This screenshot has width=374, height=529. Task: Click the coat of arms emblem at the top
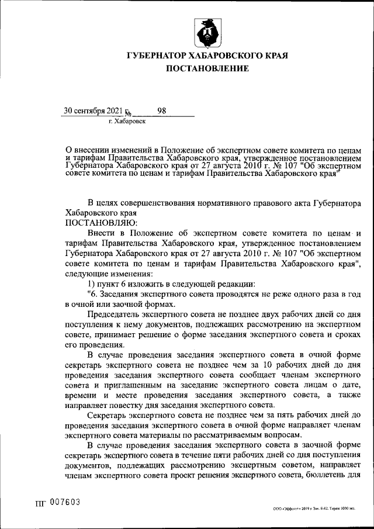208,33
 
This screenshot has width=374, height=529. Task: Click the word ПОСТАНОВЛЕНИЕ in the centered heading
208,68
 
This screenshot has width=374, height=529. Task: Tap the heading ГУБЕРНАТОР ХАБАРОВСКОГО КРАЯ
208,56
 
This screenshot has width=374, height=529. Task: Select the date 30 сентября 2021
93,110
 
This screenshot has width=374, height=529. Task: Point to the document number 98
161,110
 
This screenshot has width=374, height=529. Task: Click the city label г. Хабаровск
127,122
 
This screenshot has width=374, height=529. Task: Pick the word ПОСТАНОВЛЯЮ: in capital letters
102,223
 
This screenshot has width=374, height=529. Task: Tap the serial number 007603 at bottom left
64,503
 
